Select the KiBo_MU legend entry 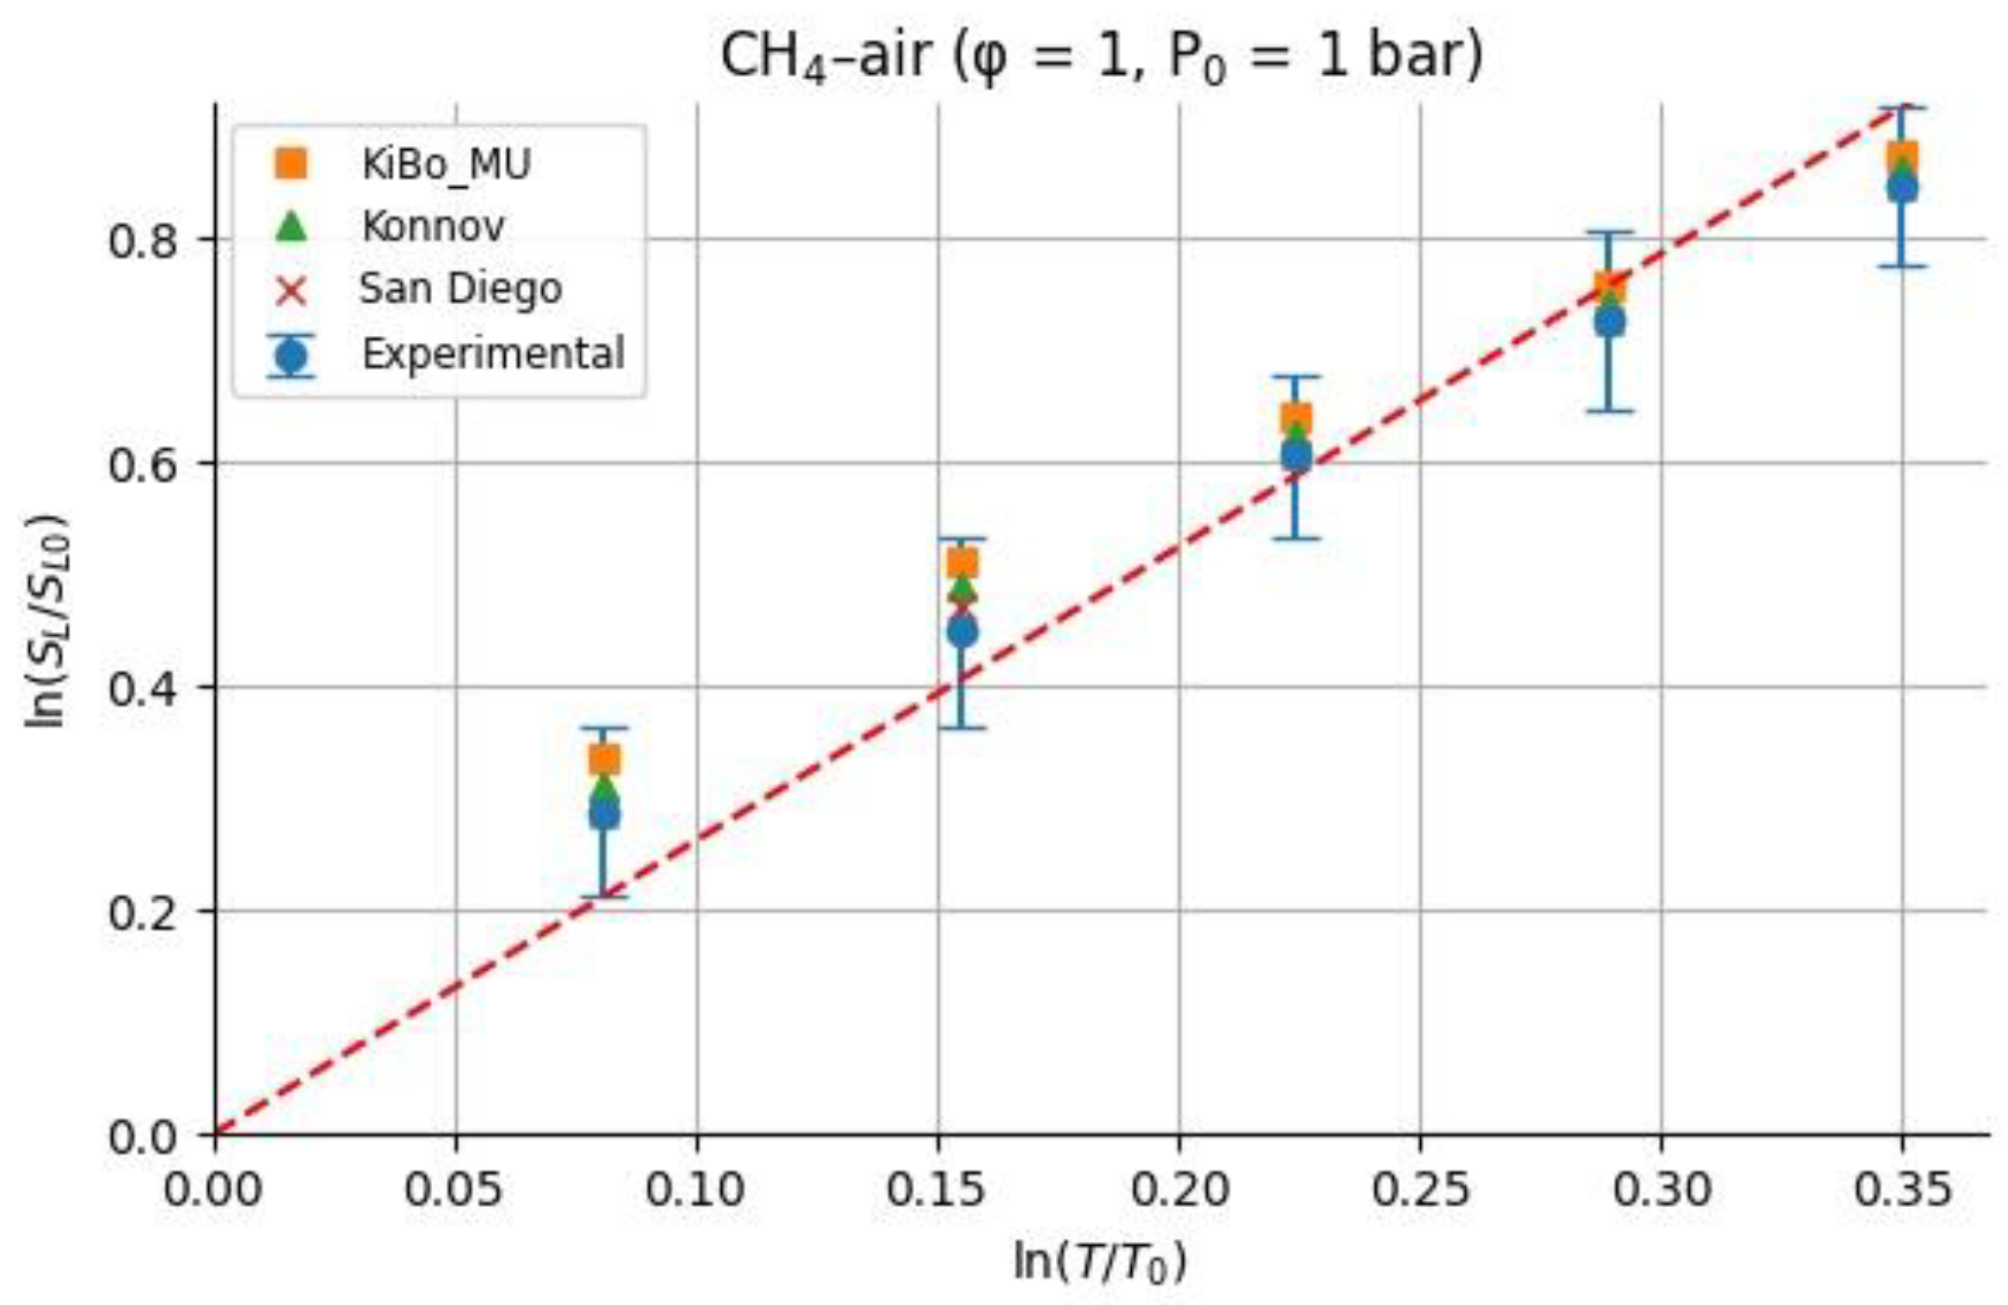tap(445, 164)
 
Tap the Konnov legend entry tap(432, 227)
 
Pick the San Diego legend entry tap(459, 289)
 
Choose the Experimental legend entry tap(492, 354)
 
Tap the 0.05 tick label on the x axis tap(454, 1189)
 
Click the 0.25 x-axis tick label tap(1419, 1189)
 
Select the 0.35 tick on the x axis tap(1901, 1189)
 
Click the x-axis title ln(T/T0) tap(1100, 1262)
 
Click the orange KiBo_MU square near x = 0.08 tap(604, 758)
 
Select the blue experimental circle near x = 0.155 tap(962, 631)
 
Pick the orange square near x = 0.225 tap(1295, 419)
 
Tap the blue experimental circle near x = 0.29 tap(1610, 322)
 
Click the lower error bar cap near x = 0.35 tap(1901, 265)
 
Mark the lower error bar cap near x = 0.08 tap(604, 897)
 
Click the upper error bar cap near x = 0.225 tap(1295, 377)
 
